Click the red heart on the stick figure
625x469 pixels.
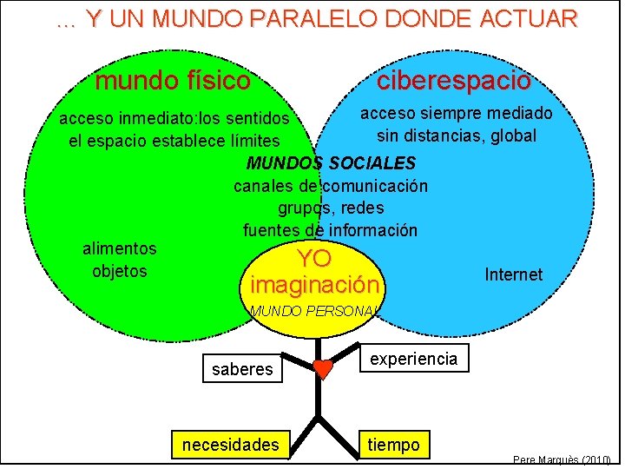(x=322, y=369)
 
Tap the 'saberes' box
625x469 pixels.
(x=242, y=369)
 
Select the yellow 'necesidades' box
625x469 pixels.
(x=231, y=446)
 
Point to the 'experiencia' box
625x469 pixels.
(x=413, y=358)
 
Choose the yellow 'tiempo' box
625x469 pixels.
(x=393, y=445)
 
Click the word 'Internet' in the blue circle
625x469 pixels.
(x=513, y=274)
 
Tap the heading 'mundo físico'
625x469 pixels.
(x=173, y=82)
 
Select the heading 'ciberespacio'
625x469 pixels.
(x=453, y=81)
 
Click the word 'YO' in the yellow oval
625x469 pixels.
(x=314, y=259)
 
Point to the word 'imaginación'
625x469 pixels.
(x=314, y=285)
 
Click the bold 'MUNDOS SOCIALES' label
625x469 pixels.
(x=332, y=163)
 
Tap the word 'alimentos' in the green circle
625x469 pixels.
(x=120, y=248)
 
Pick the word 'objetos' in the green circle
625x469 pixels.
(x=120, y=271)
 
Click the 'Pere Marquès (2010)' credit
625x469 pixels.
(x=562, y=459)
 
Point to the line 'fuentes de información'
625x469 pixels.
(x=330, y=230)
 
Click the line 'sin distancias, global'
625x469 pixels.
(x=457, y=135)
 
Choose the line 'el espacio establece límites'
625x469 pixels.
(x=174, y=141)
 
